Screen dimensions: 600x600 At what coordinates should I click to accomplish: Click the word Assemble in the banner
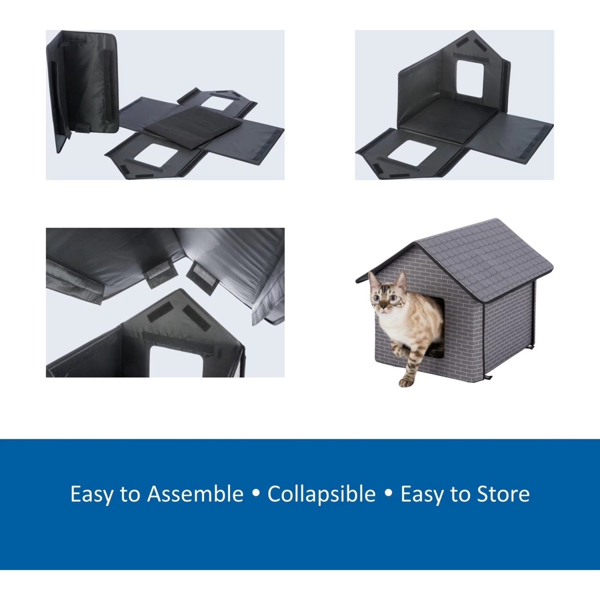click(195, 494)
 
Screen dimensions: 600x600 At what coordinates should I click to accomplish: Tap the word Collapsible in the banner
click(322, 494)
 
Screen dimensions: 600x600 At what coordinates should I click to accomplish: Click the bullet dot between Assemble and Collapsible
click(256, 493)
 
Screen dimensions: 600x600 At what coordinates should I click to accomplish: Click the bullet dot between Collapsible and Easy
click(388, 493)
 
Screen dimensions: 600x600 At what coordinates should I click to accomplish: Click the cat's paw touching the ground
click(406, 382)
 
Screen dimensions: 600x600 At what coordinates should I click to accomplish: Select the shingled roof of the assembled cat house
click(488, 256)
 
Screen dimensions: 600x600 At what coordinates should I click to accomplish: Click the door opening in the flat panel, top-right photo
click(412, 153)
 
